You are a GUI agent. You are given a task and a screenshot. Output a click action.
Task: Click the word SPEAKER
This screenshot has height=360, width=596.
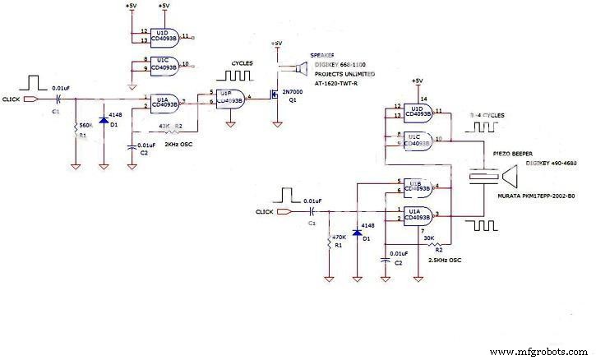[x=322, y=56]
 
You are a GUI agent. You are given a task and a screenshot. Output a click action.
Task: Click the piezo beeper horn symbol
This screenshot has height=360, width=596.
[x=507, y=177]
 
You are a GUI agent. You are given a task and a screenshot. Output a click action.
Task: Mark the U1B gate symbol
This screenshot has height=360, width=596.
[x=418, y=186]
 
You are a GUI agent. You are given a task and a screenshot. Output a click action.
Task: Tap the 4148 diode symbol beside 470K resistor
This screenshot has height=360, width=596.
[x=357, y=233]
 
